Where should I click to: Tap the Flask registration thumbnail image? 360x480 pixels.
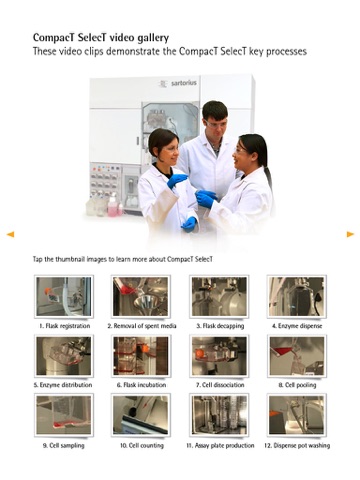point(64,296)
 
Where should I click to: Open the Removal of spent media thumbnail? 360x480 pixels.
point(141,296)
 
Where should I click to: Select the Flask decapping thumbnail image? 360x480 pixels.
point(219,296)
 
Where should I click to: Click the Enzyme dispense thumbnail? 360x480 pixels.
point(297,296)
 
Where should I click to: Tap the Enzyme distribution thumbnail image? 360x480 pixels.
point(64,356)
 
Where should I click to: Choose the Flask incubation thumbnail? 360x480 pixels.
point(141,356)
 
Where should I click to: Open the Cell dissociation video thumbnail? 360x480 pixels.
point(219,356)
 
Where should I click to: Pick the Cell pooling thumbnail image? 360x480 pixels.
point(297,356)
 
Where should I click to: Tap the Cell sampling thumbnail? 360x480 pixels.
point(64,415)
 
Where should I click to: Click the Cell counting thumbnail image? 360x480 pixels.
point(141,415)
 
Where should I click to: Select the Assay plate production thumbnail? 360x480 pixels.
point(219,415)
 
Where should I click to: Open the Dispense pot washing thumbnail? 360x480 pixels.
point(297,415)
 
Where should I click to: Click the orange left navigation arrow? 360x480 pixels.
point(10,234)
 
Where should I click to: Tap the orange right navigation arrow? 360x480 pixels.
point(350,234)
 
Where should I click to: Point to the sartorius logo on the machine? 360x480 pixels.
point(178,83)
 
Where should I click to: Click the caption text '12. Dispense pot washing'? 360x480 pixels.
point(297,446)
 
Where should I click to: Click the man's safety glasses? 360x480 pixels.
point(215,124)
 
